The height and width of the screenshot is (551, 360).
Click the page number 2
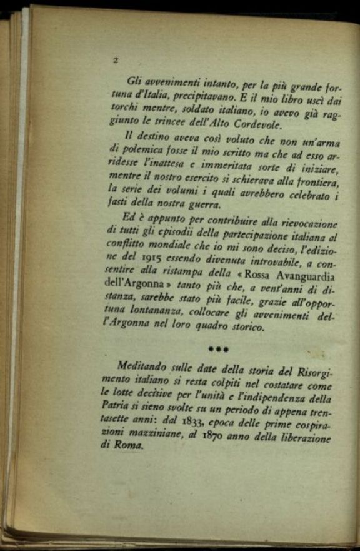tap(116, 61)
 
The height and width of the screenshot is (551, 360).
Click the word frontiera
tap(315, 182)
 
